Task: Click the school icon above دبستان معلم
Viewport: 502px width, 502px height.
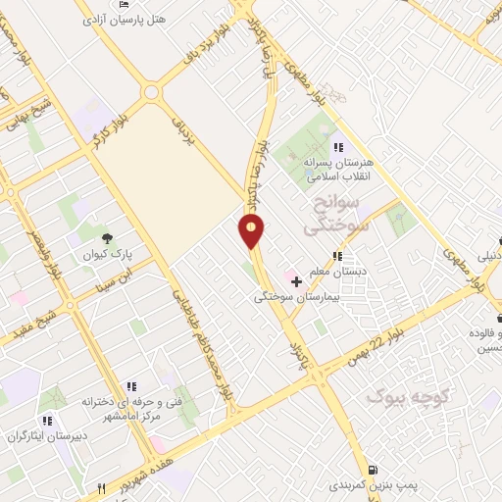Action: tap(337, 256)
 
